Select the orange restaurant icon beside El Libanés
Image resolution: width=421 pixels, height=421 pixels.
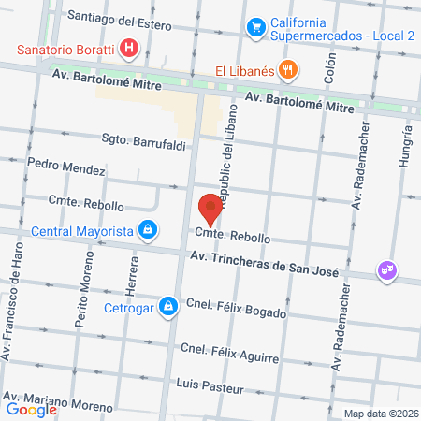290,68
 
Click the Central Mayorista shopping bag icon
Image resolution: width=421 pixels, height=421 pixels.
147,228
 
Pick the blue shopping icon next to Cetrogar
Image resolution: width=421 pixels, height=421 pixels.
167,304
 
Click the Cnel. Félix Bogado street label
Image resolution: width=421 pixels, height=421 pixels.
236,309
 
